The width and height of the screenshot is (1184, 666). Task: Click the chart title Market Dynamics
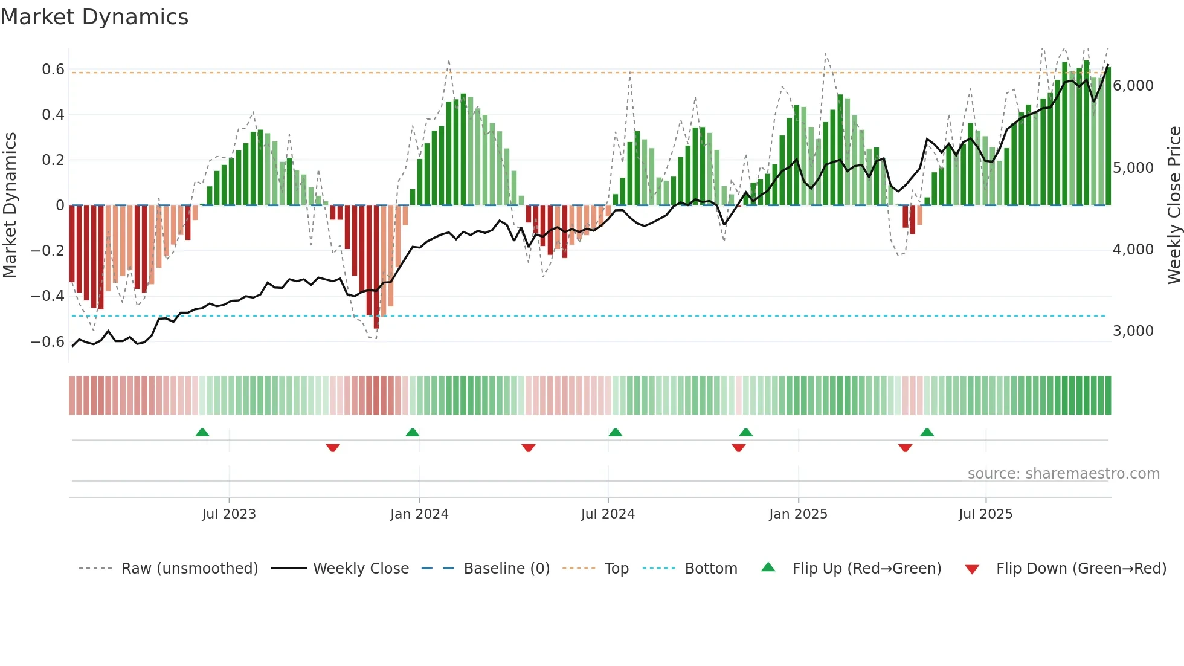(94, 17)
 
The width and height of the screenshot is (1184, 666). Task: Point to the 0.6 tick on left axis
(53, 70)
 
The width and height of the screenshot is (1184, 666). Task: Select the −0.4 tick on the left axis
(48, 296)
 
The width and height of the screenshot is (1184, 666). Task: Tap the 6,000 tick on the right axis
(1133, 86)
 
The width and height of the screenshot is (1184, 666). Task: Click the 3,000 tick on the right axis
(1133, 331)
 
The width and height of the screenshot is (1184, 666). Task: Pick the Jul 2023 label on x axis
(229, 514)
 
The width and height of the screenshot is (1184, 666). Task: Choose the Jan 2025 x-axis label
(798, 514)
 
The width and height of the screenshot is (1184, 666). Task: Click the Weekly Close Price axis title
(1174, 205)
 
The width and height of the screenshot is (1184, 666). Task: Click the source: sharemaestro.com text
(1063, 474)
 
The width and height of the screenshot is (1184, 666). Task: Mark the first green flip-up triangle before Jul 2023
(202, 433)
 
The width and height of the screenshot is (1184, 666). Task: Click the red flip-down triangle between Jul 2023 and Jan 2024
(333, 448)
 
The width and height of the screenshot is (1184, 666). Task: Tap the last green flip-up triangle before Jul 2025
(927, 433)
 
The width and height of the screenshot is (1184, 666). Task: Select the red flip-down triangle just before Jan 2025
(738, 448)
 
